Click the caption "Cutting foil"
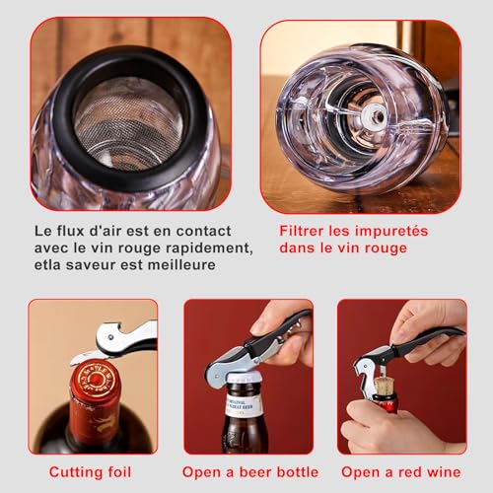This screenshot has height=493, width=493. coord(93,472)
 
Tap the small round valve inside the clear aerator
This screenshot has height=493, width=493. coord(375,116)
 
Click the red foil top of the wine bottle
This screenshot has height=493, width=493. coord(95,380)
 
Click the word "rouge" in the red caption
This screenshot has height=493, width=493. coord(382,247)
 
